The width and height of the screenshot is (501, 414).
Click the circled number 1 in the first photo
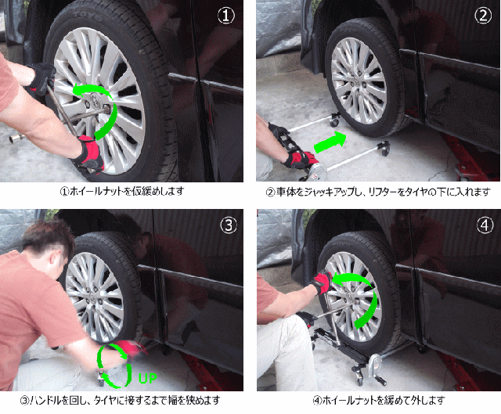click(226, 16)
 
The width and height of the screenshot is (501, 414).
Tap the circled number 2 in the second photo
click(483, 16)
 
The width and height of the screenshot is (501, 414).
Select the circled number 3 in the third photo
click(229, 225)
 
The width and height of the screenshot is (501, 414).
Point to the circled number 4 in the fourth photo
click(485, 225)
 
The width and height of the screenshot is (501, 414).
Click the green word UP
click(148, 378)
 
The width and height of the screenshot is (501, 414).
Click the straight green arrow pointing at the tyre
click(330, 142)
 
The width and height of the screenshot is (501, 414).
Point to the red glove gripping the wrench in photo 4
click(321, 282)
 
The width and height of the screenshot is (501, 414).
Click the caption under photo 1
click(122, 191)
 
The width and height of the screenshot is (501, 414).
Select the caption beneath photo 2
click(378, 192)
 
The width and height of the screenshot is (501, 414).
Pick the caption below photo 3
click(120, 400)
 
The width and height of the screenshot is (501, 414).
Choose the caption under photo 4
click(379, 400)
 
